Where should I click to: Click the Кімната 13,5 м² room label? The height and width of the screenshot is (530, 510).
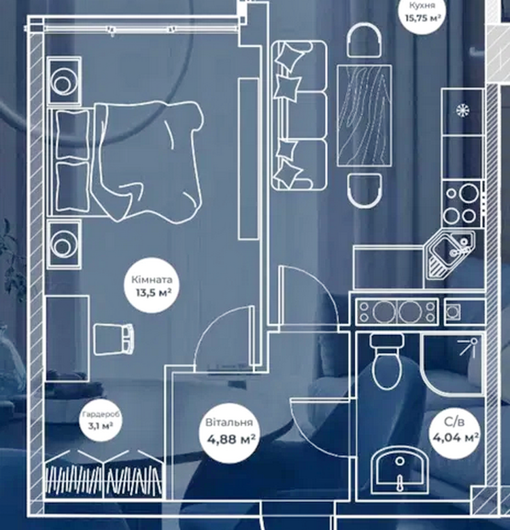pyautogui.click(x=152, y=286)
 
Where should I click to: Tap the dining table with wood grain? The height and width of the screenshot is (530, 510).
pyautogui.click(x=364, y=116)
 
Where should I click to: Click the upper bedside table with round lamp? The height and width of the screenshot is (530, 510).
pyautogui.click(x=64, y=81)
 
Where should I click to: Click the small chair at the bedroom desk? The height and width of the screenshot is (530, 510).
pyautogui.click(x=114, y=336)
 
